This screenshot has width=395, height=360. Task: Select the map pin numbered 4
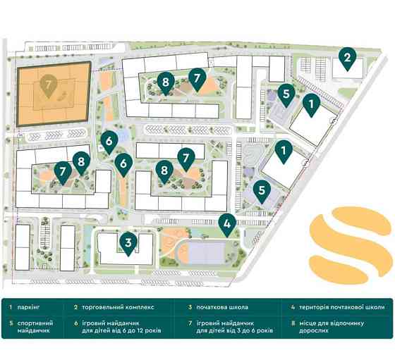[226, 224]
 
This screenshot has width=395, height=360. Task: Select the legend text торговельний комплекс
[114, 307]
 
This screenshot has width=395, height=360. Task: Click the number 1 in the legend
[11, 307]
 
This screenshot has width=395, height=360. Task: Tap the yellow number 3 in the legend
[190, 307]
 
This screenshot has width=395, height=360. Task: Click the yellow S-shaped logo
[350, 242]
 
